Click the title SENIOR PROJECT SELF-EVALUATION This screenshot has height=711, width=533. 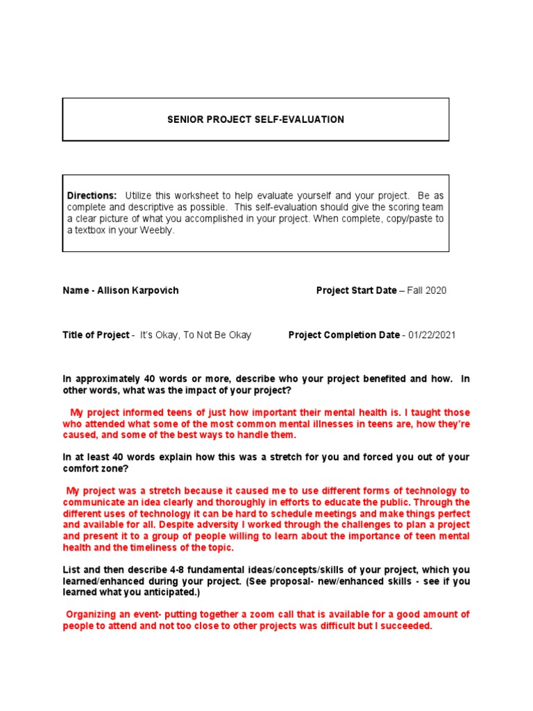coord(255,119)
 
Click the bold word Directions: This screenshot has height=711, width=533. coord(92,195)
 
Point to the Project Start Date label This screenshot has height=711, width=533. coord(356,290)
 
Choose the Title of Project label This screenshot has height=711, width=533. coord(96,335)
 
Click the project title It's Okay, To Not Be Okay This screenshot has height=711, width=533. coord(196,335)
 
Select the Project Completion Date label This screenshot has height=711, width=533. coord(344,335)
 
